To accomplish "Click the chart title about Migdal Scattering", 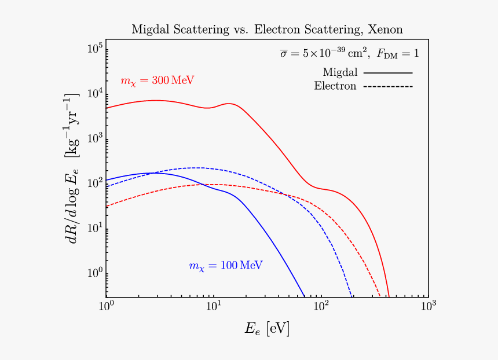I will click(266, 29).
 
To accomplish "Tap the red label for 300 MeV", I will click(157, 81).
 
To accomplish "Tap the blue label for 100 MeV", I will click(226, 266).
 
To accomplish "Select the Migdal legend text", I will click(340, 72).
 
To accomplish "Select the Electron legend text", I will click(335, 86).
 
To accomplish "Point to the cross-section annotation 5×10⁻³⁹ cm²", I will click(324, 53).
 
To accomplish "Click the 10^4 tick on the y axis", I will click(96, 93).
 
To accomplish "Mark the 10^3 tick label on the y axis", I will click(96, 138).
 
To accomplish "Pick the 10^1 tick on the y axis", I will click(96, 228).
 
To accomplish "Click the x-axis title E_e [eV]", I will click(266, 330).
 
